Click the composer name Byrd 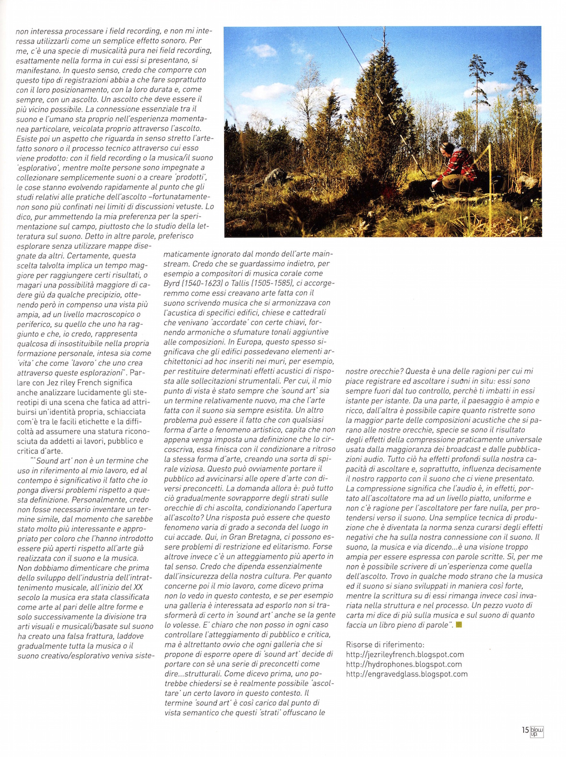(172, 283)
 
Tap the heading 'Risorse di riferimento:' (385, 644)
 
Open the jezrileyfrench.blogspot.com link (405, 654)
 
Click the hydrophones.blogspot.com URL (404, 664)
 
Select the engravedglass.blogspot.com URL (407, 674)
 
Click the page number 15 (525, 730)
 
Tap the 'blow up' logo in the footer (537, 731)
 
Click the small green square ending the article (459, 625)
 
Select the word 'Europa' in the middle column (262, 342)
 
